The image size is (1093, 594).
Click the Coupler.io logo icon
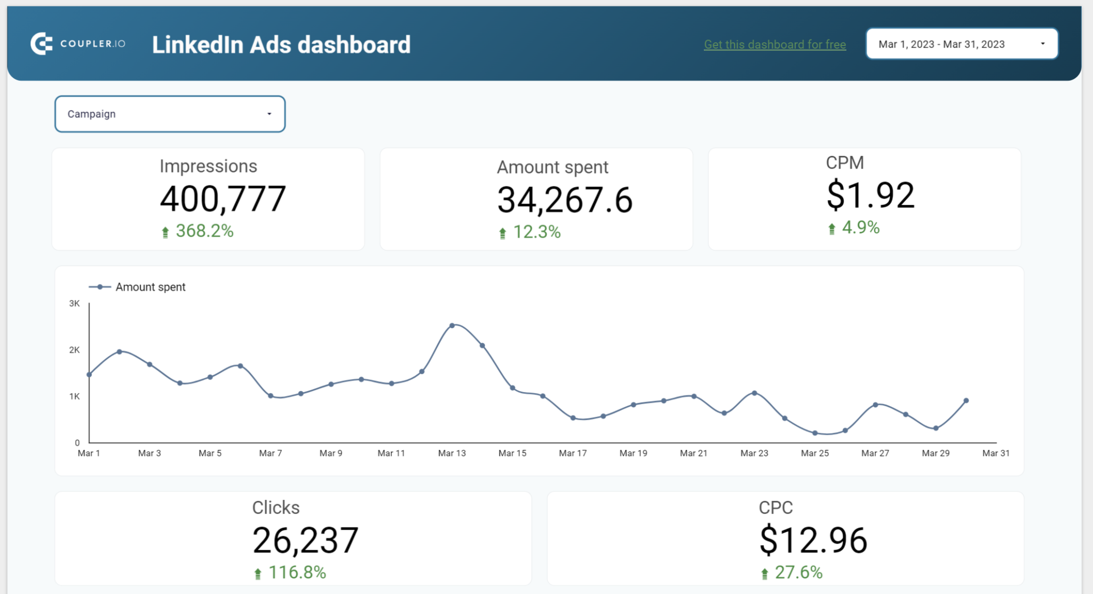click(41, 44)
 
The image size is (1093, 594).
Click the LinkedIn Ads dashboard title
click(281, 45)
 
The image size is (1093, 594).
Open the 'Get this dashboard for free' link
click(774, 44)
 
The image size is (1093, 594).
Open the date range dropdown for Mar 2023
click(961, 44)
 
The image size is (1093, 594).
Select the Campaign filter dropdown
click(170, 114)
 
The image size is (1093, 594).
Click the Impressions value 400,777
click(223, 199)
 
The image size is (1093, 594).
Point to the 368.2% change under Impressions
click(204, 231)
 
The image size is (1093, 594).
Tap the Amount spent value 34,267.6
click(565, 200)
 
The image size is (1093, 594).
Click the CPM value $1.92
click(870, 195)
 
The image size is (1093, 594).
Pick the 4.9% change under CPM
click(860, 228)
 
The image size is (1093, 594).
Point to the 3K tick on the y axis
click(74, 303)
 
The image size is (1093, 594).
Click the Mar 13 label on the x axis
click(452, 453)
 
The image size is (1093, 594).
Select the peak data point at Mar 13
click(452, 325)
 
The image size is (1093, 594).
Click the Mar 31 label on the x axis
click(995, 453)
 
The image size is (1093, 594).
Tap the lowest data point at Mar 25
click(815, 433)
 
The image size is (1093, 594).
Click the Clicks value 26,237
click(305, 541)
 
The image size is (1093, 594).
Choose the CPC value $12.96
click(813, 541)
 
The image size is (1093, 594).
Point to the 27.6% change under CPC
click(798, 572)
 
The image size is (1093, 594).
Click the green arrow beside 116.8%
click(258, 574)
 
